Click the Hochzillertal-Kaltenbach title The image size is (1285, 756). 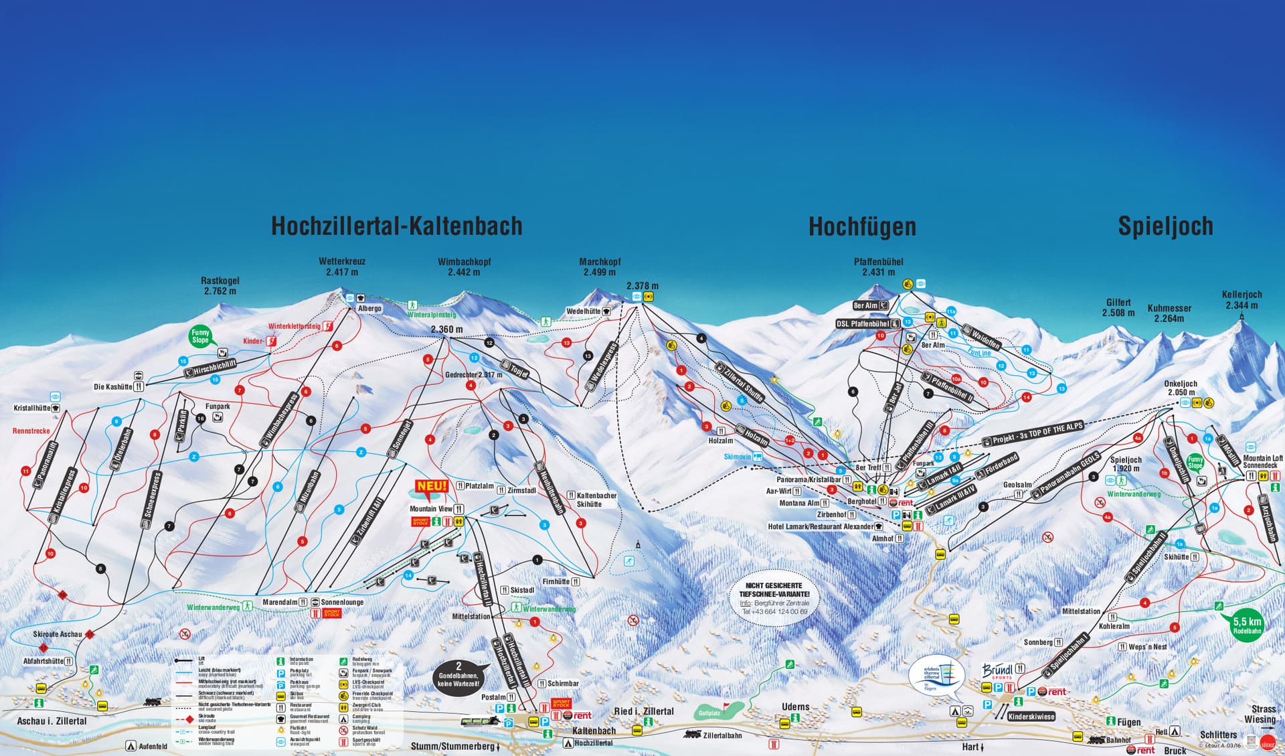click(x=396, y=226)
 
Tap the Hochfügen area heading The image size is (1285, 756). click(x=862, y=227)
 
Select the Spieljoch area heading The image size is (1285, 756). click(x=1165, y=226)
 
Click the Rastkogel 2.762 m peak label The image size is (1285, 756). click(x=220, y=286)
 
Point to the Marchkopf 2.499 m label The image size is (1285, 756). click(x=600, y=267)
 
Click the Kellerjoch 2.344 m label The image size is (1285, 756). click(x=1241, y=300)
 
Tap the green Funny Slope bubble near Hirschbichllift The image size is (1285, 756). click(x=200, y=336)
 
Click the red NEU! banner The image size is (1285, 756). click(x=431, y=487)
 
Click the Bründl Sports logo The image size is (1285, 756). click(x=998, y=670)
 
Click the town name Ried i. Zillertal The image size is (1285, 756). click(x=644, y=711)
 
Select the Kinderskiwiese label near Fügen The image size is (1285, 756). click(x=1031, y=716)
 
